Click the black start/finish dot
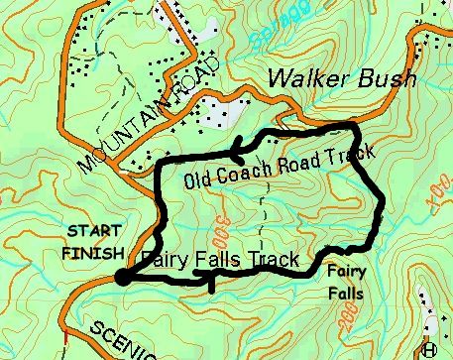click(x=122, y=278)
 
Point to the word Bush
click(x=383, y=77)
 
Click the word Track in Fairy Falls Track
click(x=274, y=260)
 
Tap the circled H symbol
click(x=429, y=348)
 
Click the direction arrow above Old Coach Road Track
click(x=237, y=153)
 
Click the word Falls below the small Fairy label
click(x=347, y=294)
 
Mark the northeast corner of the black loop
click(x=354, y=127)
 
